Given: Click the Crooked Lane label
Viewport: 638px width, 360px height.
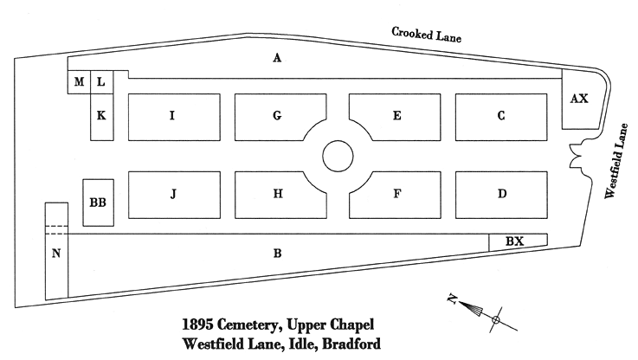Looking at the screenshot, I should pyautogui.click(x=426, y=35).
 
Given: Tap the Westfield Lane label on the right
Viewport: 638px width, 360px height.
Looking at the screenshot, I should pyautogui.click(x=616, y=160).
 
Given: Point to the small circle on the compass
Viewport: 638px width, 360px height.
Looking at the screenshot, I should pyautogui.click(x=496, y=321).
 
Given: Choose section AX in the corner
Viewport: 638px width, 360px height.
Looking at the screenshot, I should pyautogui.click(x=579, y=99).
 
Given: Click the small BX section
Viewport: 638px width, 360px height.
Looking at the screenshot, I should pyautogui.click(x=516, y=241).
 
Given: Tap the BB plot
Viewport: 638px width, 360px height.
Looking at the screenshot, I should pyautogui.click(x=97, y=202).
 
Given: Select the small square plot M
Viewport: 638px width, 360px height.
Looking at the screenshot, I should pyautogui.click(x=79, y=82).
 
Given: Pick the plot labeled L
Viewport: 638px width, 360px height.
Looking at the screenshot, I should pyautogui.click(x=100, y=82).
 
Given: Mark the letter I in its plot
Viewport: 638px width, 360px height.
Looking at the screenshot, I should pyautogui.click(x=172, y=116).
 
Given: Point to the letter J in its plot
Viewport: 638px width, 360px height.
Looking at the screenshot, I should pyautogui.click(x=172, y=194).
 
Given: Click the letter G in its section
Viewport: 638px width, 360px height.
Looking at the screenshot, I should pyautogui.click(x=277, y=116).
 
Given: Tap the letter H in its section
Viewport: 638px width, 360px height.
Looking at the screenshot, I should pyautogui.click(x=277, y=194).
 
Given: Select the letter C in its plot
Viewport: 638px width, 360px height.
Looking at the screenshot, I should pyautogui.click(x=501, y=116).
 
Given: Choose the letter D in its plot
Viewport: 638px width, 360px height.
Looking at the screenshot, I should pyautogui.click(x=501, y=194).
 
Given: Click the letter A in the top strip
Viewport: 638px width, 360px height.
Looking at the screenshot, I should pyautogui.click(x=277, y=58).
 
